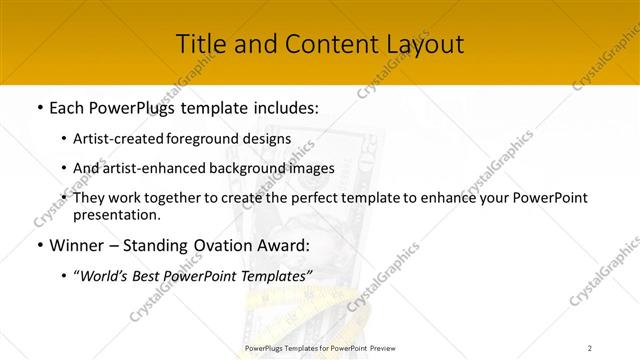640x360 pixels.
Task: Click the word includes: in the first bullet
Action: click(x=279, y=107)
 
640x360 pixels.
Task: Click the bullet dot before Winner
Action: click(x=38, y=245)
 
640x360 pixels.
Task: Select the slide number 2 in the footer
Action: click(x=590, y=348)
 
